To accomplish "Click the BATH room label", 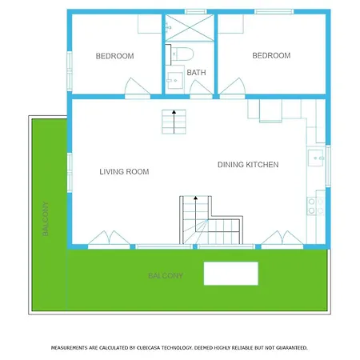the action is [196, 73].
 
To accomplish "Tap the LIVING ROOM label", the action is [124, 172].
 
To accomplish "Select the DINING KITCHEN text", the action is [248, 165].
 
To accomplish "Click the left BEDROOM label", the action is [114, 56].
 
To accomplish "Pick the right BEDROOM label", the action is [271, 55].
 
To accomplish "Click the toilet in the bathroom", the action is [182, 54].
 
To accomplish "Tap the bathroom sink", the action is [175, 80].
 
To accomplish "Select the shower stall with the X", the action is [190, 28].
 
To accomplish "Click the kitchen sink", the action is [316, 158].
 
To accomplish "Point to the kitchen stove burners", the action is [316, 206].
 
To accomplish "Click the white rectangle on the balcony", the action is [231, 274].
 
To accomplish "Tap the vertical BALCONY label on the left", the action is [46, 218].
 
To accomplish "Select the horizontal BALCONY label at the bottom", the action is [166, 276].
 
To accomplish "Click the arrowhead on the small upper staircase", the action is [174, 112].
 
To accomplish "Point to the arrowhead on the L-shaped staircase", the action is [195, 198].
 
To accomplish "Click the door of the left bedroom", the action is [137, 87].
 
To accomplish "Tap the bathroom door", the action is [201, 88].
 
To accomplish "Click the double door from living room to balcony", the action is [109, 238].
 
